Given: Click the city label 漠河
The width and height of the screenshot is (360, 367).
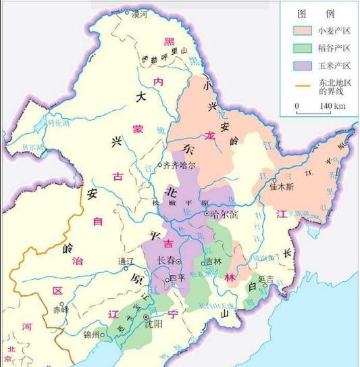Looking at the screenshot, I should [x=140, y=13].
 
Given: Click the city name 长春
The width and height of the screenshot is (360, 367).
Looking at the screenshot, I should [x=168, y=260].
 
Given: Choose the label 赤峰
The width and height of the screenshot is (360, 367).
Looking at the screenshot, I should [x=61, y=310].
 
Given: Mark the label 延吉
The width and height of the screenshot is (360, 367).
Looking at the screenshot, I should [x=265, y=278].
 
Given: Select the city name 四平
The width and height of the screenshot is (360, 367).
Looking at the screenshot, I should [x=177, y=278].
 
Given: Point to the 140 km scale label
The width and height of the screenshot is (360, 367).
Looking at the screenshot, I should [x=332, y=106].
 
